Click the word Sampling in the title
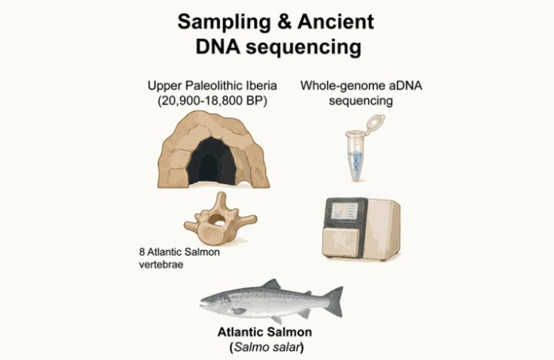pyautogui.click(x=224, y=23)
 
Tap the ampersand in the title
pyautogui.click(x=285, y=22)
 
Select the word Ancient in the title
pyautogui.click(x=336, y=22)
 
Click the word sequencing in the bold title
pyautogui.click(x=303, y=48)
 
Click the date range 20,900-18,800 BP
pyautogui.click(x=213, y=100)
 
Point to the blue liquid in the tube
pyautogui.click(x=355, y=165)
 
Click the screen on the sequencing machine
pyautogui.click(x=344, y=212)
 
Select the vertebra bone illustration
pyautogui.click(x=220, y=218)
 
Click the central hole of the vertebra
pyautogui.click(x=217, y=220)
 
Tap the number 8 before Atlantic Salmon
pyautogui.click(x=142, y=252)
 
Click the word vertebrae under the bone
pyautogui.click(x=161, y=265)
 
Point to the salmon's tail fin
pyautogui.click(x=334, y=301)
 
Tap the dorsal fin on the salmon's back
pyautogui.click(x=272, y=284)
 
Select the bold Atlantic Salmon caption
pyautogui.click(x=265, y=332)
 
